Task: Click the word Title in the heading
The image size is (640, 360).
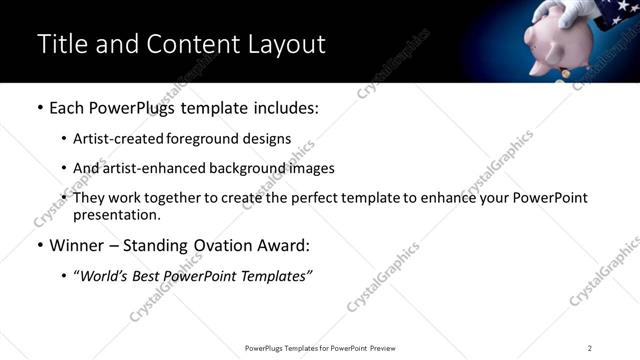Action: coord(61,44)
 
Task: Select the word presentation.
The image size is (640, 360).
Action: coord(116,215)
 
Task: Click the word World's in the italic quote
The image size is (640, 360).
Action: coord(109,276)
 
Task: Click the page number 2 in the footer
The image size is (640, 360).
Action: coord(589,347)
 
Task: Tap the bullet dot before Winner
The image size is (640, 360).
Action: coord(39,245)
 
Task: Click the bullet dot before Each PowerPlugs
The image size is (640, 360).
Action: coord(39,107)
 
